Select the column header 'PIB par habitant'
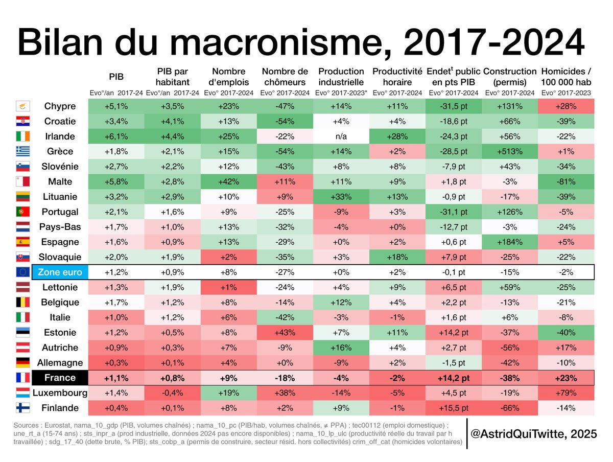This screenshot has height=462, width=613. point(173,77)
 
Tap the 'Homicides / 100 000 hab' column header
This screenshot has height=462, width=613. point(565,77)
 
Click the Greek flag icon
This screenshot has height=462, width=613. point(23,151)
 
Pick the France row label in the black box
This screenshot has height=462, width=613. point(60,378)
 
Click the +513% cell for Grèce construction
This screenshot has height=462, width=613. point(509,151)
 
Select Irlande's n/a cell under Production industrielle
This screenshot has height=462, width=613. point(341,136)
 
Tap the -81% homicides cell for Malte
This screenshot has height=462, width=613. point(565,181)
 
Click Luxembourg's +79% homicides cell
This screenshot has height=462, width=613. point(565,393)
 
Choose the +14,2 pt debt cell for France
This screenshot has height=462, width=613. point(453,378)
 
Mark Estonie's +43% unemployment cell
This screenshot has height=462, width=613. point(285,332)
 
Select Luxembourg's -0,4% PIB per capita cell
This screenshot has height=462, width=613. point(173,393)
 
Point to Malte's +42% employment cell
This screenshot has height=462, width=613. point(228,181)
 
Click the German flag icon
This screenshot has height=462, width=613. point(23,363)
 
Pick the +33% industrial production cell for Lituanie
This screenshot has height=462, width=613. point(341,197)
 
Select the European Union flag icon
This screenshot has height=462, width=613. point(23,272)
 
